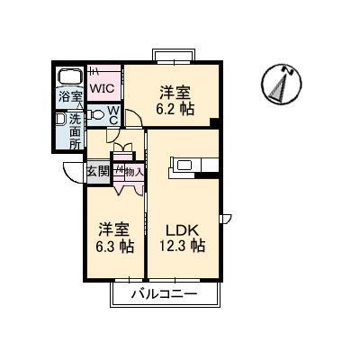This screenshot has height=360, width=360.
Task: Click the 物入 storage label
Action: pyautogui.click(x=133, y=171)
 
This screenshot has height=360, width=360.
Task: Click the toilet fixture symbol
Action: pyautogui.click(x=97, y=113)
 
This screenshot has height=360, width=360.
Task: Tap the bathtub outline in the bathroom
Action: pyautogui.click(x=67, y=76)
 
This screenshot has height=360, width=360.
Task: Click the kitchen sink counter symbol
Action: pyautogui.click(x=193, y=165)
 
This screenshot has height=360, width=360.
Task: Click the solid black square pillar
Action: pyautogui.click(x=214, y=123)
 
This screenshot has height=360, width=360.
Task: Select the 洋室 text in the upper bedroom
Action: pyautogui.click(x=175, y=91)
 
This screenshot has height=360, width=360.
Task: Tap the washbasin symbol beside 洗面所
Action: pyautogui.click(x=60, y=118)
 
